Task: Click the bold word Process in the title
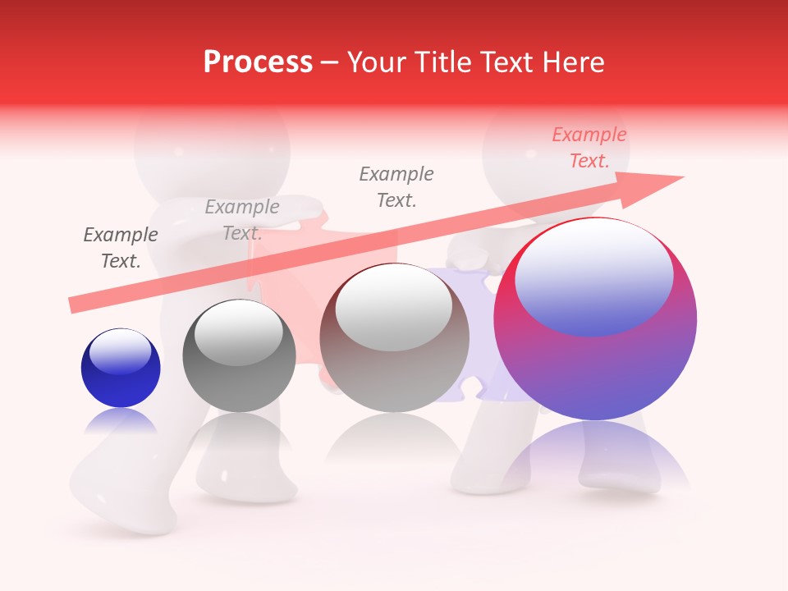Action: [x=258, y=62]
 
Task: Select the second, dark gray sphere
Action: [x=239, y=357]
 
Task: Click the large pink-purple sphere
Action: [x=595, y=328]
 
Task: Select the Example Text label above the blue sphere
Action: [x=121, y=248]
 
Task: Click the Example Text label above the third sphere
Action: [x=396, y=186]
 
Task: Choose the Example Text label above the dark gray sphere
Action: [x=242, y=220]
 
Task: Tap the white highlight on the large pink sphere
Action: [x=594, y=275]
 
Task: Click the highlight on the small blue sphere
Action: [x=120, y=351]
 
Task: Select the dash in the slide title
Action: [x=329, y=62]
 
